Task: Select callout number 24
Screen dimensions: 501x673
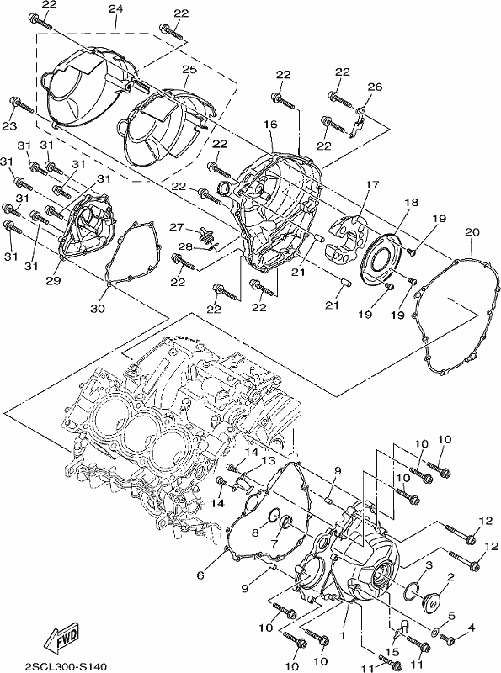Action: tap(115, 8)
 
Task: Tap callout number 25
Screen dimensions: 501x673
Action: tap(189, 69)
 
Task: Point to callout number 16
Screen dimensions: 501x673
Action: tap(270, 124)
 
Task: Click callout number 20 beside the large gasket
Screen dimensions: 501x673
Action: tap(472, 232)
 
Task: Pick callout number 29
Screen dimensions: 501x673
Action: tap(54, 281)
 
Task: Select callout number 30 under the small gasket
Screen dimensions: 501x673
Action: tap(98, 308)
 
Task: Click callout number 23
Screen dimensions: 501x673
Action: tap(9, 125)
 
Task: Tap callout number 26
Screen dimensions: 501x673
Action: tap(375, 87)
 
